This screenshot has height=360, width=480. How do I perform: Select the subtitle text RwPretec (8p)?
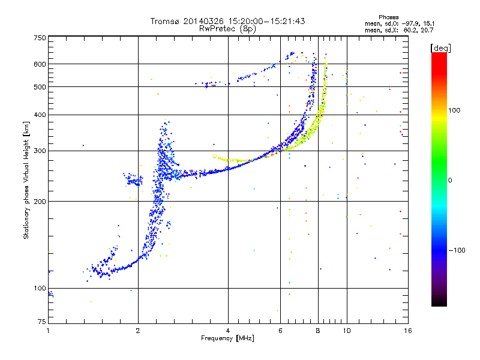[227, 29]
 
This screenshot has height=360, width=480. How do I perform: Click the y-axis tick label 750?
[40, 38]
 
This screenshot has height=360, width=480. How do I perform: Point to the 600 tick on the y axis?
[40, 64]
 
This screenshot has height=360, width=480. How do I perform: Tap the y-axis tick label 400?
[40, 115]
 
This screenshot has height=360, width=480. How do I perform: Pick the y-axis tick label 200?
[40, 202]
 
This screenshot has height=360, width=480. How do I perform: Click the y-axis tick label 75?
[42, 322]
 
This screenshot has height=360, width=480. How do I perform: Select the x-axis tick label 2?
[138, 331]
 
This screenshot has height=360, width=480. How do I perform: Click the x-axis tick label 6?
[280, 331]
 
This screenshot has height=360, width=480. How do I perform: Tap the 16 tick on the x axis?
[408, 331]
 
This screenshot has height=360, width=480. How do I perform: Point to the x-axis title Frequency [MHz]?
[227, 338]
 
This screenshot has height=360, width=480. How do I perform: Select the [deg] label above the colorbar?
[440, 48]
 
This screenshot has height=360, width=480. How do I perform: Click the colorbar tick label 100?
[454, 110]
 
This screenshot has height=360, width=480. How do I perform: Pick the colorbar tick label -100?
[457, 250]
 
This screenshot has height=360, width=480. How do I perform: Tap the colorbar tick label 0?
[450, 181]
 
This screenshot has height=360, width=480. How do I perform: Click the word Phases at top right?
[388, 17]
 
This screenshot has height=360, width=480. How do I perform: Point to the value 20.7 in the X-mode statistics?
[428, 30]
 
